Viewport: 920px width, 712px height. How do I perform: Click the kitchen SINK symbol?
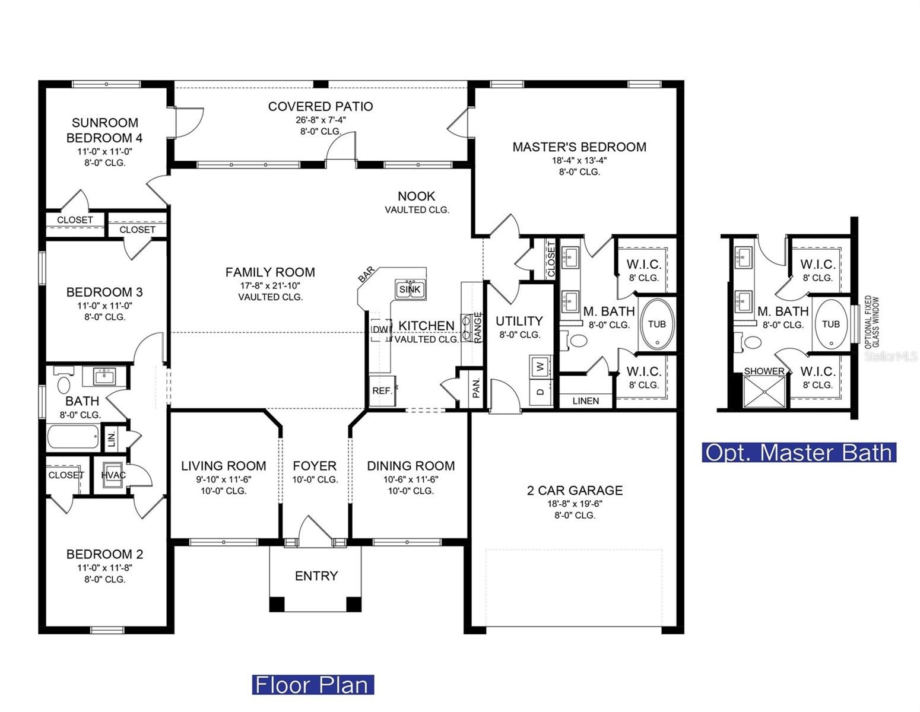(410, 289)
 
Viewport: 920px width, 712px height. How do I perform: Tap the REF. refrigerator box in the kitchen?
(382, 391)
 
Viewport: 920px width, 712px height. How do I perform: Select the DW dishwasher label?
(380, 329)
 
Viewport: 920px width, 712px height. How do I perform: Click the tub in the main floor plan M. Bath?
(656, 325)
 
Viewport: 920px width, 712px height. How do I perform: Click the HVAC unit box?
(113, 475)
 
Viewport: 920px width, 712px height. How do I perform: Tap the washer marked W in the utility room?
(540, 366)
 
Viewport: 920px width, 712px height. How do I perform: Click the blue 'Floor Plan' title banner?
(313, 685)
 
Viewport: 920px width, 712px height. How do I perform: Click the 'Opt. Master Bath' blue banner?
(799, 452)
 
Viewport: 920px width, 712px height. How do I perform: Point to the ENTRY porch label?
(316, 576)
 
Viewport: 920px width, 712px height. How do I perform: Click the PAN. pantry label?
(476, 388)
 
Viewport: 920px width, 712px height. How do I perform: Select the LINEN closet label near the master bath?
(586, 401)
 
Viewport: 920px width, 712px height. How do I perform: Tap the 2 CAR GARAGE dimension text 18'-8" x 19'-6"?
(575, 503)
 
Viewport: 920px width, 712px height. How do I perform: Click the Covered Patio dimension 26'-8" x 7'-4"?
(321, 119)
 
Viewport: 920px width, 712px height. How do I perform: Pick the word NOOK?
(416, 196)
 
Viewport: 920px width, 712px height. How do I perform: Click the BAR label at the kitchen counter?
(366, 274)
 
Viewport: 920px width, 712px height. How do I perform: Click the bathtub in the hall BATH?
(73, 437)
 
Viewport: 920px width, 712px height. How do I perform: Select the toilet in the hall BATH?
(63, 383)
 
